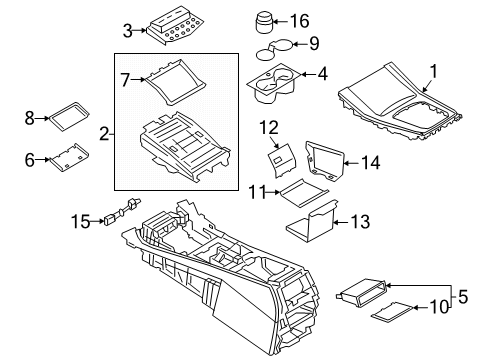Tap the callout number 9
click(313, 43)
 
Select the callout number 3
click(127, 29)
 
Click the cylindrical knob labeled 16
click(267, 22)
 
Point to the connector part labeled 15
click(123, 215)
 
